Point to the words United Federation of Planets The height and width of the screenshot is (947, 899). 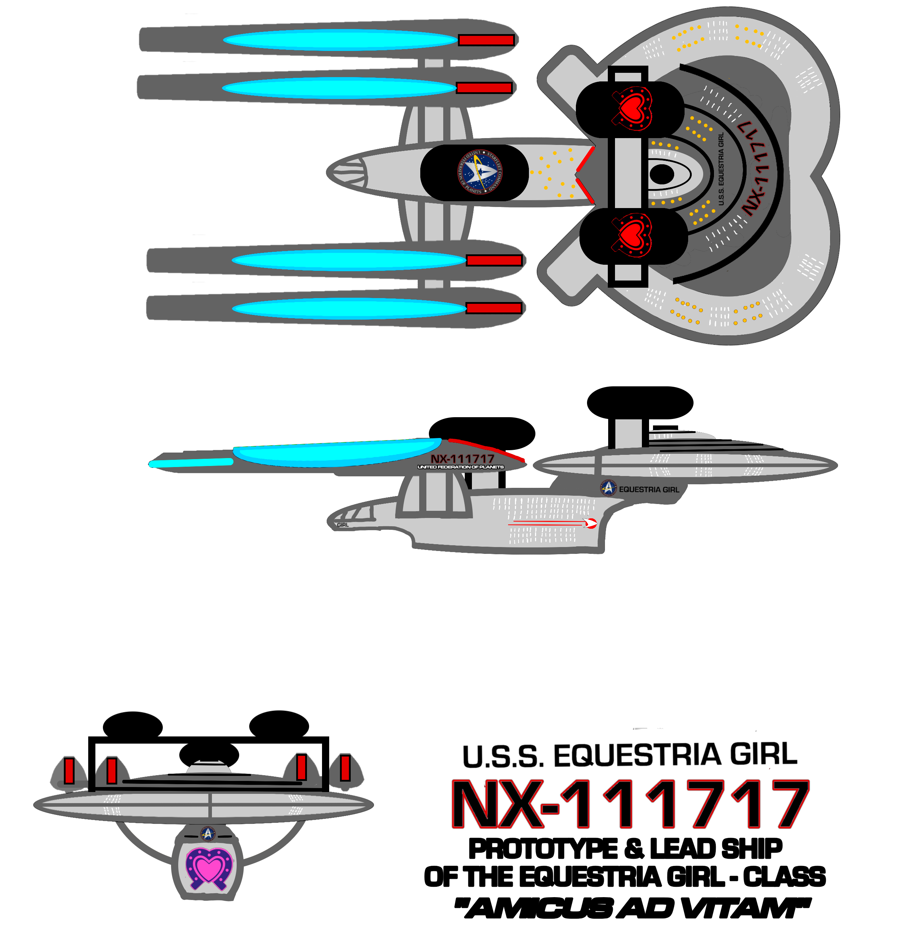[460, 467]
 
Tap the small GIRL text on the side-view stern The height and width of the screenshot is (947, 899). [342, 525]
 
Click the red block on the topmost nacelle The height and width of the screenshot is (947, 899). [486, 40]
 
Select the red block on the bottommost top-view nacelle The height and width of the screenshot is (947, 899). [493, 308]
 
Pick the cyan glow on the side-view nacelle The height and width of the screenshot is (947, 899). [335, 453]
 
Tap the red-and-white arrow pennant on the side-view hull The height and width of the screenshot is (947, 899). [590, 523]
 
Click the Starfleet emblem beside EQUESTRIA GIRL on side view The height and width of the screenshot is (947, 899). [608, 488]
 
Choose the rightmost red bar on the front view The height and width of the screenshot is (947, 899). [345, 767]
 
